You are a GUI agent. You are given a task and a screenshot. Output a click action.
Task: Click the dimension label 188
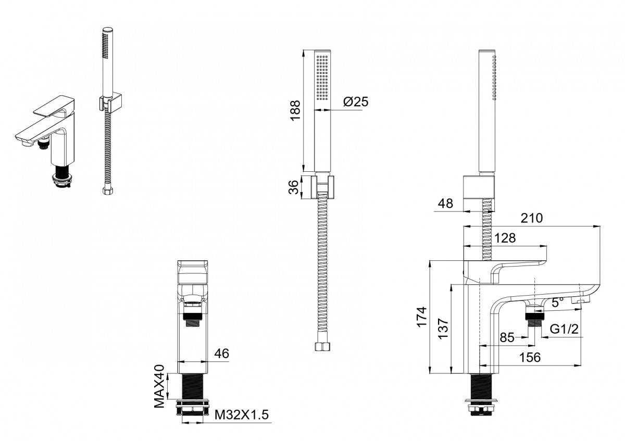coord(295,110)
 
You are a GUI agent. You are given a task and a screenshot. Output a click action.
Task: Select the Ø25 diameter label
coord(356,102)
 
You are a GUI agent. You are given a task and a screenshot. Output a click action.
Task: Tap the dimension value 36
coord(293,187)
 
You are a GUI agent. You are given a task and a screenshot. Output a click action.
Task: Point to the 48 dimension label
coord(445,204)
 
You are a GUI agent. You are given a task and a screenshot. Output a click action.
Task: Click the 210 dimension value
coord(532,218)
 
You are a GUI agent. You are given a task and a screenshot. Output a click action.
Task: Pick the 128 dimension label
coord(505,238)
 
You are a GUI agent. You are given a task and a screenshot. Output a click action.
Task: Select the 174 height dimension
coord(421,317)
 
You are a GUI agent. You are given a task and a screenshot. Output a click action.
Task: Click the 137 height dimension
coord(443,329)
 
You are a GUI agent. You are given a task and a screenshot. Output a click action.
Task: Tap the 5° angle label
coord(557,302)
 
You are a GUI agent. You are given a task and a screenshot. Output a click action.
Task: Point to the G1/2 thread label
coord(564,330)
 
